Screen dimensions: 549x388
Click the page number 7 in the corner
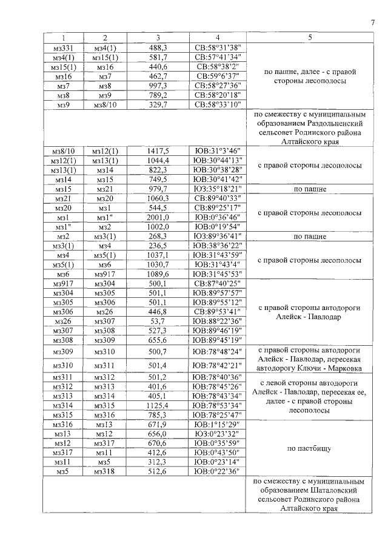[x=372, y=23]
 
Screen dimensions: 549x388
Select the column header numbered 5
[x=310, y=38]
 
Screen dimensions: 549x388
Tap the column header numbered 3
[x=158, y=38]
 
